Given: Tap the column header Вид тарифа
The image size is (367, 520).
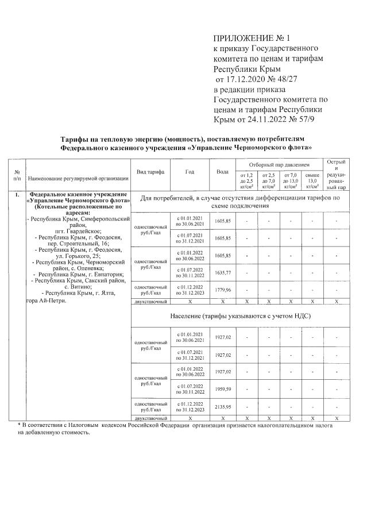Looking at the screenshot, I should pyautogui.click(x=150, y=172).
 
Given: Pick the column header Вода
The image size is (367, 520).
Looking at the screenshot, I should pyautogui.click(x=222, y=172).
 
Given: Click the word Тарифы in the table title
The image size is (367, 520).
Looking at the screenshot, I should pyautogui.click(x=80, y=139).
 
